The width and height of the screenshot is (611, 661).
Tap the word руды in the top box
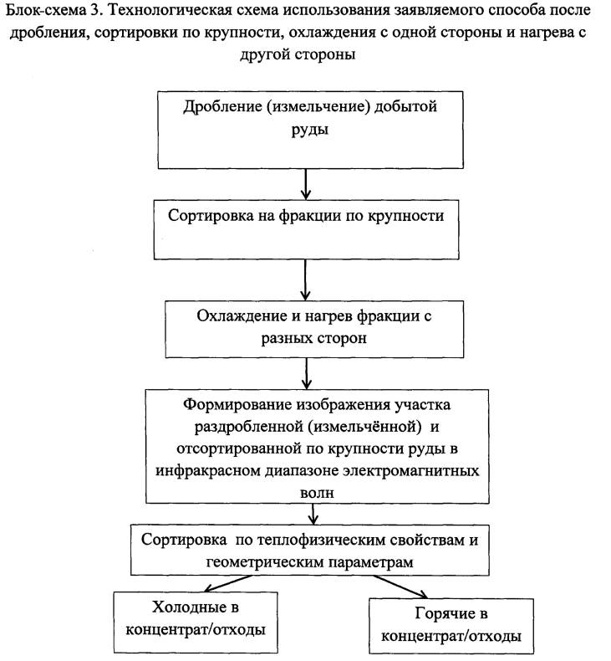[308, 131]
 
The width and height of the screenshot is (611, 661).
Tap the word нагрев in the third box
[344, 317]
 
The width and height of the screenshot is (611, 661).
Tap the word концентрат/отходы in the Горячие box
[452, 635]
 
